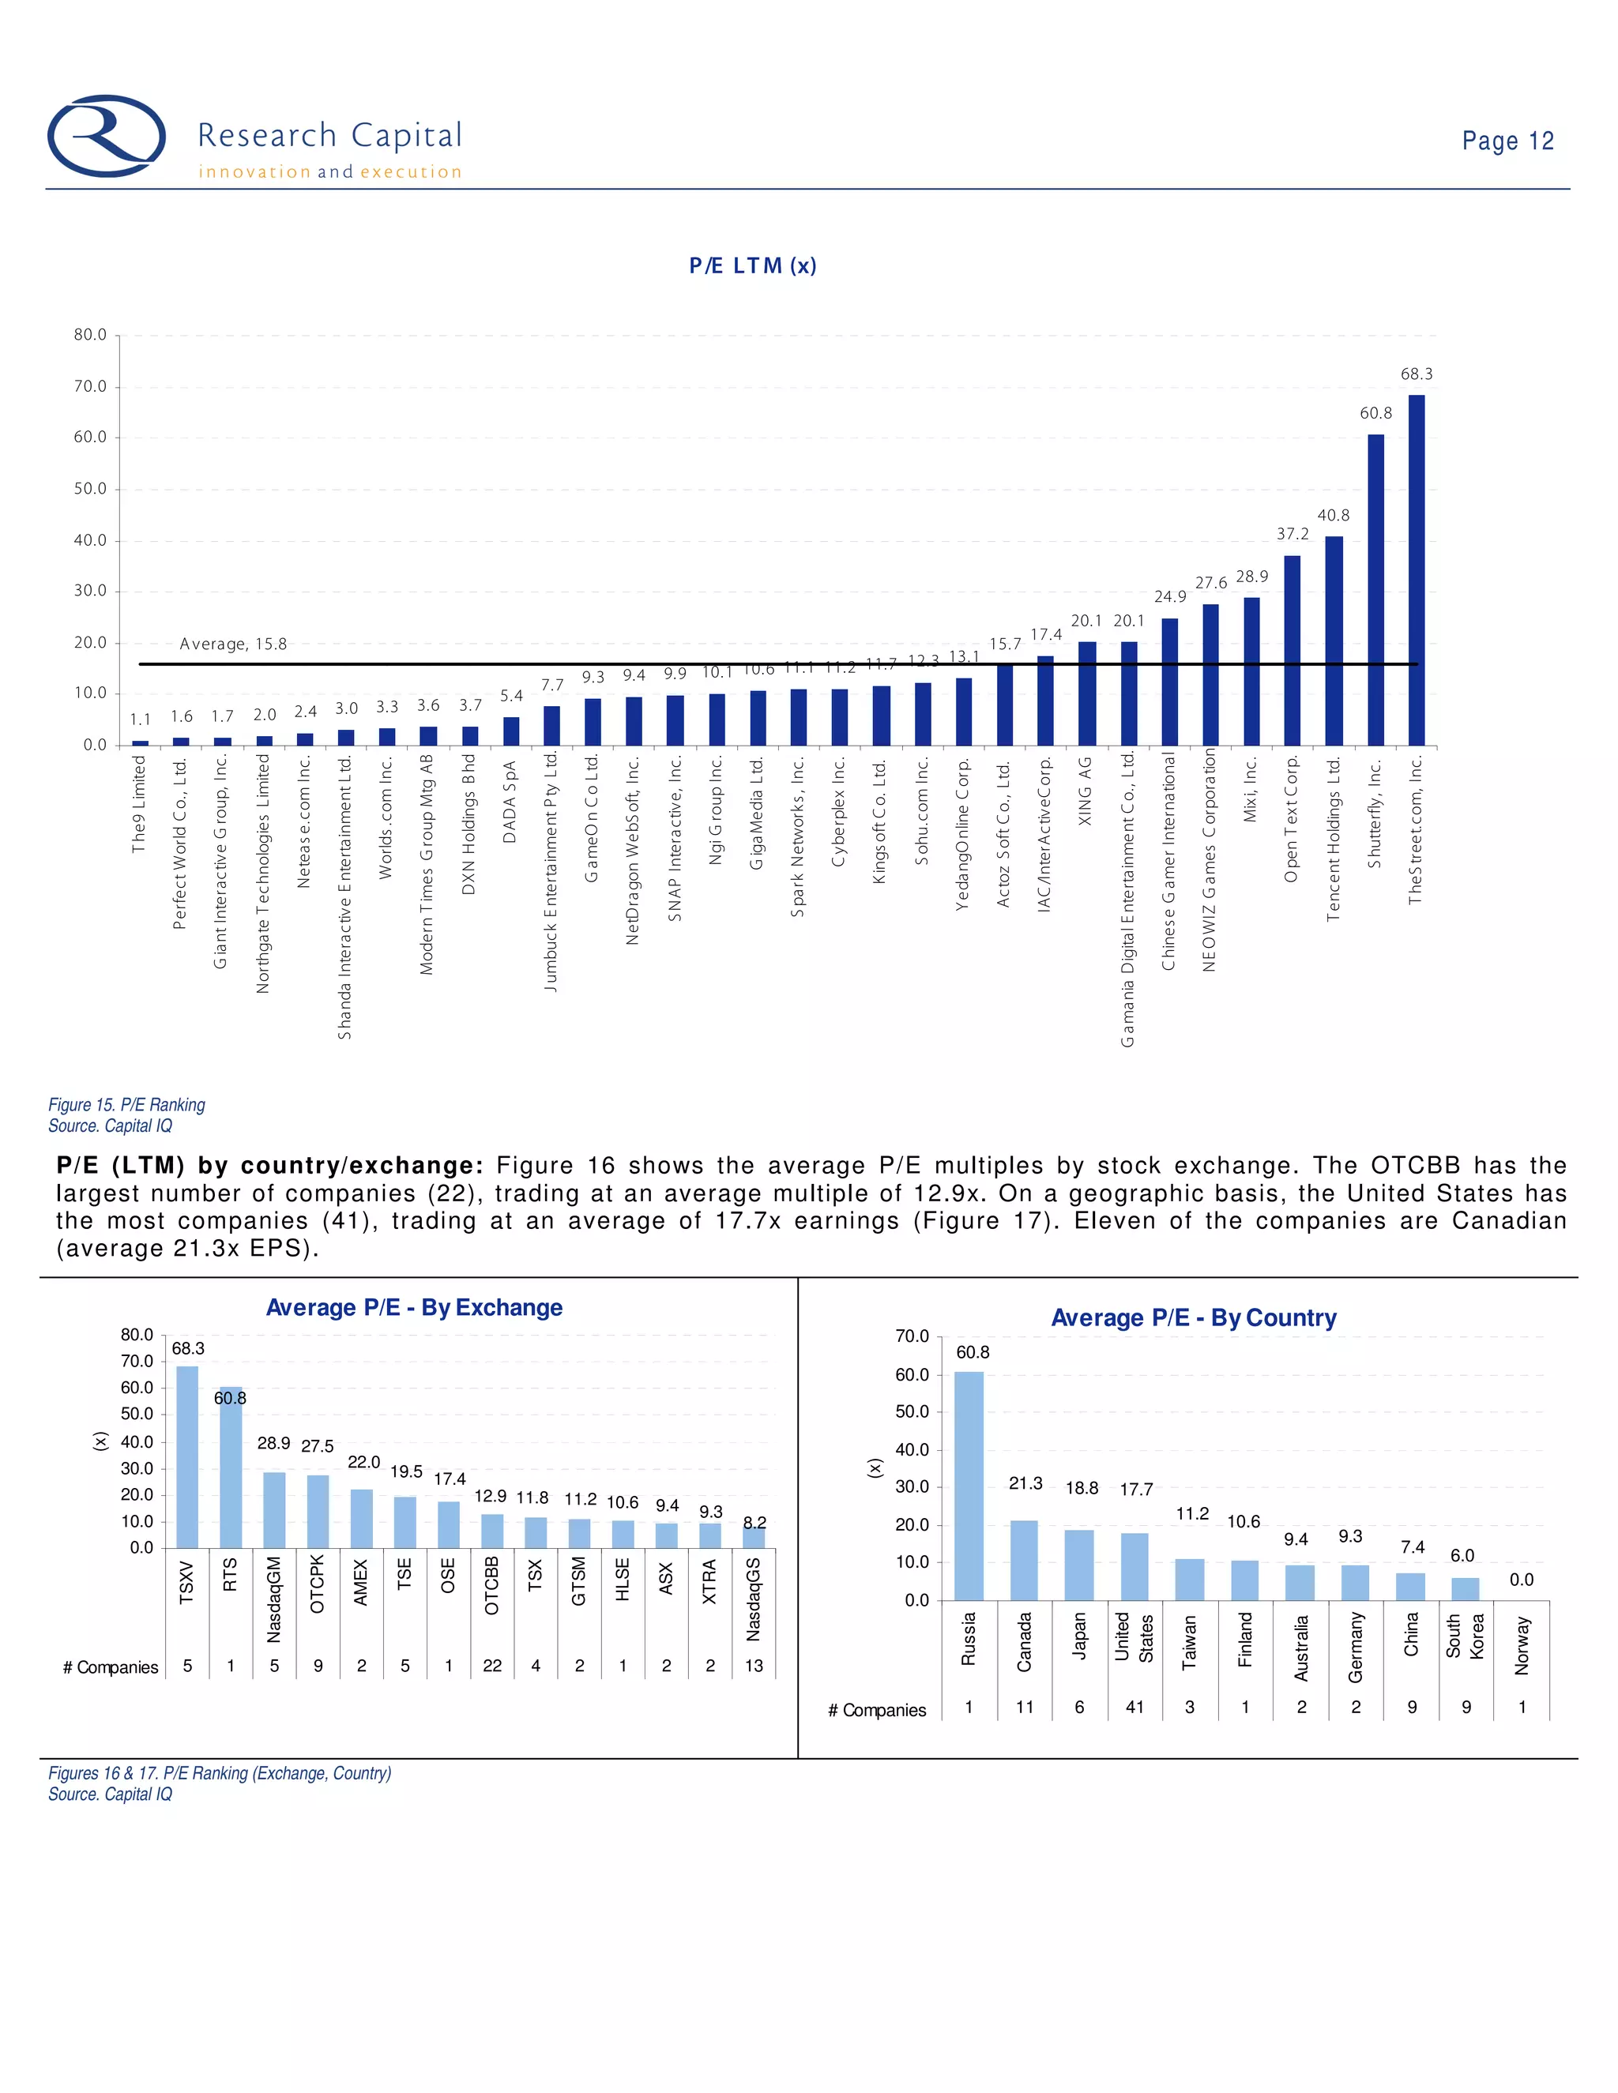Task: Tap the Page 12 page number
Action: coord(1507,141)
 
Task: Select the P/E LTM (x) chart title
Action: coord(752,265)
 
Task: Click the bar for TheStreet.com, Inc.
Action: coord(1416,570)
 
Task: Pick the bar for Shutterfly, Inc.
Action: coord(1375,589)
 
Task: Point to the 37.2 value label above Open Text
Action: coord(1292,534)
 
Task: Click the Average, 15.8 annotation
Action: coord(233,644)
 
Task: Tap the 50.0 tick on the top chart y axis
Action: coord(90,489)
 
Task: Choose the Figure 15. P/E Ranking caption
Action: coord(126,1105)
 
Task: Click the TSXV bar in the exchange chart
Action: coord(187,1456)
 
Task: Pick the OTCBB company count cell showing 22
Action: coord(491,1666)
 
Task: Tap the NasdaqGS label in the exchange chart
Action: coord(754,1598)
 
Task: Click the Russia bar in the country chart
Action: coord(968,1486)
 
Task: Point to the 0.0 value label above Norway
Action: coord(1521,1580)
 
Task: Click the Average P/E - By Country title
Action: coord(1194,1317)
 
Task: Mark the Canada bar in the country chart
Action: coord(1024,1560)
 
